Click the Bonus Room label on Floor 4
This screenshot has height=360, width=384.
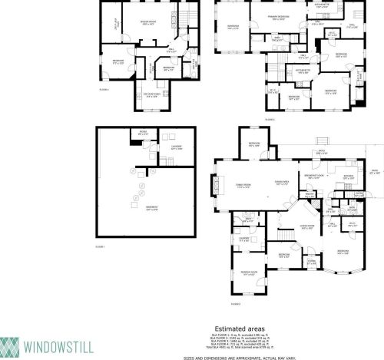coord(148,24)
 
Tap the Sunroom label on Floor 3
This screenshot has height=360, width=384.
coord(233,28)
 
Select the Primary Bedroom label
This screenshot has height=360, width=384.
coord(279,16)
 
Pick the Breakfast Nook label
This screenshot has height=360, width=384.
coord(314,178)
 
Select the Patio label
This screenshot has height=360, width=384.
coord(323,152)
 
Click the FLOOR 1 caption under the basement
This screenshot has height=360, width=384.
coord(99,246)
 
